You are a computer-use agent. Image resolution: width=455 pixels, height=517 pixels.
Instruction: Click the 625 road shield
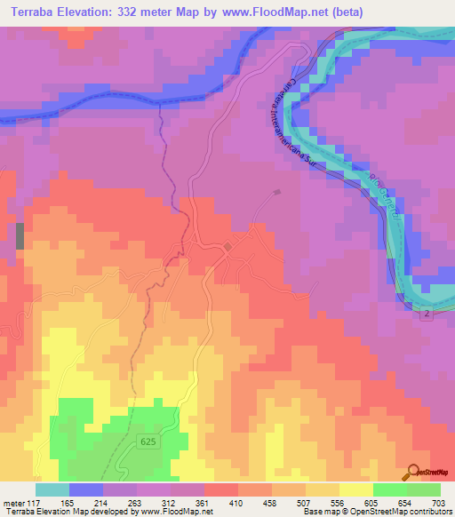point(150,441)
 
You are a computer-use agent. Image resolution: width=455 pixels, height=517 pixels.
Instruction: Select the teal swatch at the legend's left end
point(52,489)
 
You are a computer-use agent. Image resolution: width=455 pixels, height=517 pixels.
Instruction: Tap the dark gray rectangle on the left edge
point(20,236)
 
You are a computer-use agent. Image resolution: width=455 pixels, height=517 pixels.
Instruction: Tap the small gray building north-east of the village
point(278,191)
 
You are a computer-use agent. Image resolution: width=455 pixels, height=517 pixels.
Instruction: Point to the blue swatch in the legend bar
point(85,489)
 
